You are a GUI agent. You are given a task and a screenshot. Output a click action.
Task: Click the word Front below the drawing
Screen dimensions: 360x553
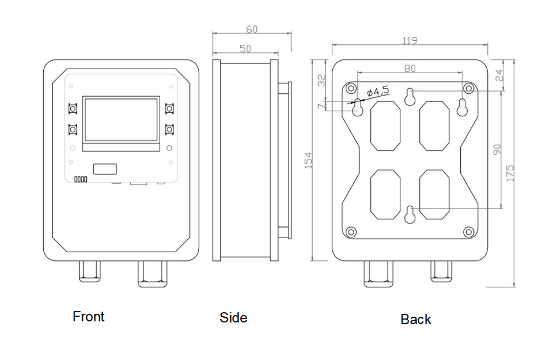coord(89,316)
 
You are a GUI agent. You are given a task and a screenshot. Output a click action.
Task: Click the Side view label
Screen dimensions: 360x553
coord(233,317)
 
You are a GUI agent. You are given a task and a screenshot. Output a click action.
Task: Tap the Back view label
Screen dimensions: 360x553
coord(416,319)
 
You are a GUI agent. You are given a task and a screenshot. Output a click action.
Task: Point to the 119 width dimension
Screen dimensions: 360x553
coord(410,41)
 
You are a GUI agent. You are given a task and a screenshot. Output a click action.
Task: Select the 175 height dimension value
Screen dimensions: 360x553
coord(510,173)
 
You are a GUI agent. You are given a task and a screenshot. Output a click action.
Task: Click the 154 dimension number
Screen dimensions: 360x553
coord(308,160)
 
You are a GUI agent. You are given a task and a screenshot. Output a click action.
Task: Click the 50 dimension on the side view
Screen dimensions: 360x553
coord(245,48)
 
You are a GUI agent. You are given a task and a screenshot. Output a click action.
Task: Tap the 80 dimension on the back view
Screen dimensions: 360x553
coord(410,69)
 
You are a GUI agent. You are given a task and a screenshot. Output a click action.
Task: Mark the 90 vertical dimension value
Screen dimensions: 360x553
coord(498,149)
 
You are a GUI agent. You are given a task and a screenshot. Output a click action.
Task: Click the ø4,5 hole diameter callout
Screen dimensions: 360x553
coord(378,90)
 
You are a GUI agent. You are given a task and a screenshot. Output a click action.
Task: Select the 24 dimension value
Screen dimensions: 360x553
coord(499,74)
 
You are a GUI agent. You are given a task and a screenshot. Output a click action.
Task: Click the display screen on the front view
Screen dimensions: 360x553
coord(121,120)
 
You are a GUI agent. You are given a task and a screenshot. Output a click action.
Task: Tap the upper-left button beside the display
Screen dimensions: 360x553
coord(73,108)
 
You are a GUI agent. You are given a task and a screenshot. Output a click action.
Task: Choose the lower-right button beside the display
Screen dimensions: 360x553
coord(169,130)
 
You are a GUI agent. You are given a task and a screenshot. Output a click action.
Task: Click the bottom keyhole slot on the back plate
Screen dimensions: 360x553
coord(410,215)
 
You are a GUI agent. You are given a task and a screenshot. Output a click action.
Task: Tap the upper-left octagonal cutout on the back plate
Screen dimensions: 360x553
coord(385,126)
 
